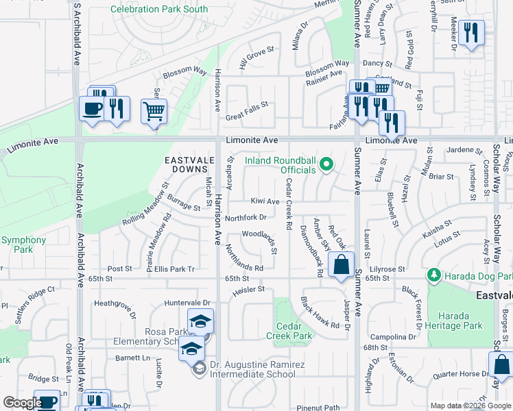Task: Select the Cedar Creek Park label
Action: pyautogui.click(x=294, y=331)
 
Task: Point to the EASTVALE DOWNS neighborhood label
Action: pyautogui.click(x=186, y=164)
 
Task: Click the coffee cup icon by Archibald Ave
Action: pyautogui.click(x=92, y=108)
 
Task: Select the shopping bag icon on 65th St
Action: pyautogui.click(x=341, y=264)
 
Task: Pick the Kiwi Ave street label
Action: pyautogui.click(x=265, y=201)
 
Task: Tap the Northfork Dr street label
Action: pyautogui.click(x=246, y=218)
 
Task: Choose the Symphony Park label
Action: pyautogui.click(x=23, y=245)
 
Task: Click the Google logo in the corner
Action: pyautogui.click(x=23, y=403)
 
